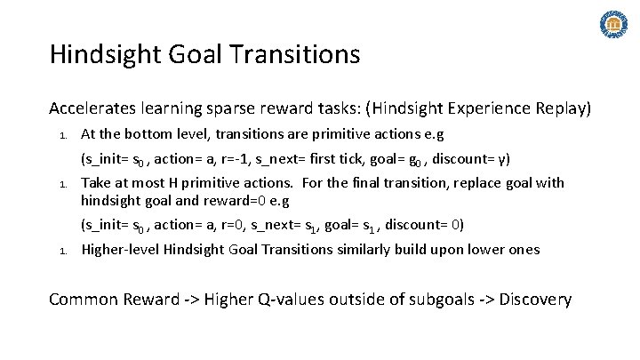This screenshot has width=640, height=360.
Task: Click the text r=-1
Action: [234, 160]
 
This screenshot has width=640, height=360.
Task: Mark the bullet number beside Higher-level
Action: [62, 251]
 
